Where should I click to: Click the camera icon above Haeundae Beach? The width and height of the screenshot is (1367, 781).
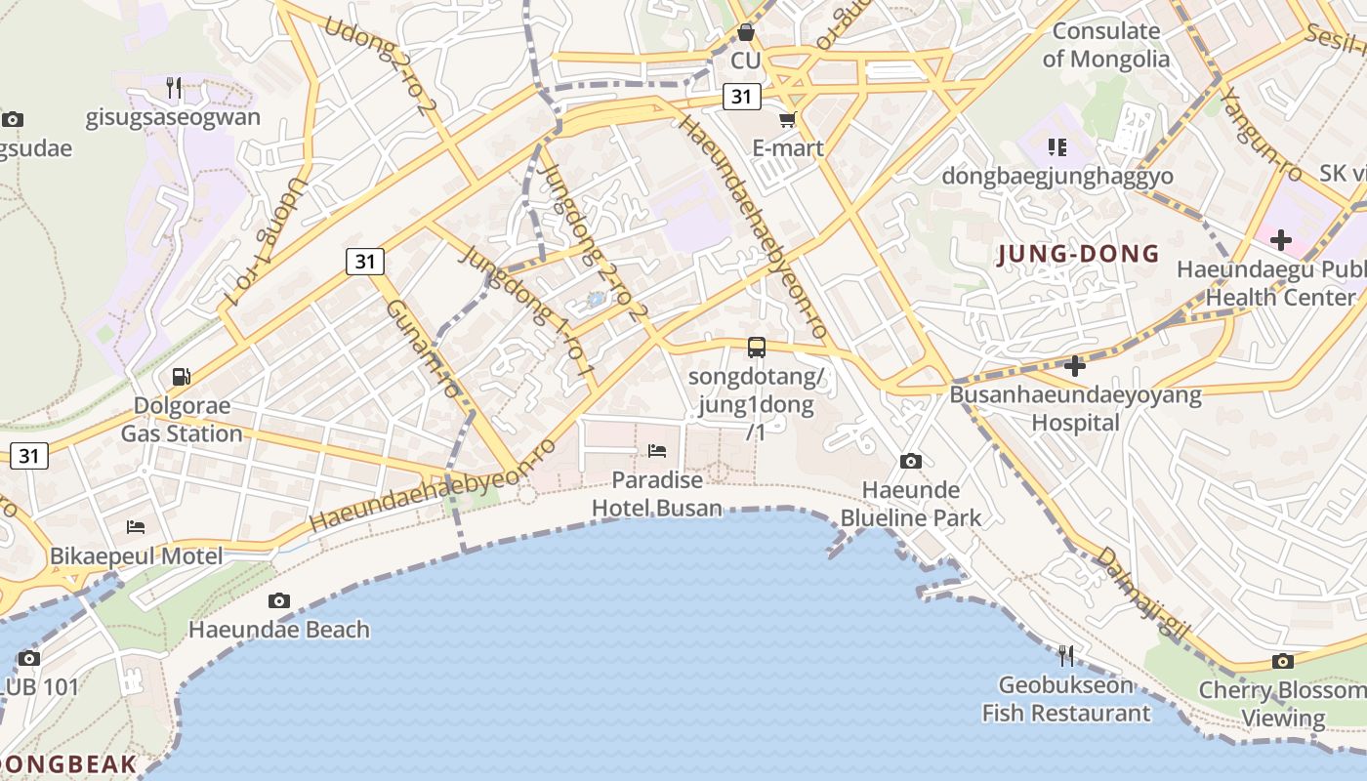pos(279,600)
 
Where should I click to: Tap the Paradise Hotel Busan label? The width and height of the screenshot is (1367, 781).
pos(657,494)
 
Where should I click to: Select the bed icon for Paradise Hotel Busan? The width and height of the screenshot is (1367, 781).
pos(657,450)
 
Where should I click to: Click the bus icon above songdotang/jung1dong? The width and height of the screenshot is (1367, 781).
pos(756,347)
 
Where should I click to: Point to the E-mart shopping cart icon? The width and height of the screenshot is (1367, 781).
pos(787,119)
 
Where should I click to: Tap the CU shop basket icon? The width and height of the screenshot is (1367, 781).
pos(746,32)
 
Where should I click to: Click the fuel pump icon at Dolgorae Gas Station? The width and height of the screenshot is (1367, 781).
pos(181,376)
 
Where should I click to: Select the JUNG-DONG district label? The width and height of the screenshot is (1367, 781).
pos(1078,255)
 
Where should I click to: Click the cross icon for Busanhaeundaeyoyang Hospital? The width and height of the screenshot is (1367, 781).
pos(1075,366)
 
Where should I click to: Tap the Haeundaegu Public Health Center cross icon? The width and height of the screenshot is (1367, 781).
pos(1280,239)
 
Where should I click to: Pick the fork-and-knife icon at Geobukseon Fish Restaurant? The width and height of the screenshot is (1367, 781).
pos(1065,655)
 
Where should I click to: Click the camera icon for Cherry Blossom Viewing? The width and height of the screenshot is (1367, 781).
pos(1283,661)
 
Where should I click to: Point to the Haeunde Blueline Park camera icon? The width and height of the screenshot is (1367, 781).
pos(910,461)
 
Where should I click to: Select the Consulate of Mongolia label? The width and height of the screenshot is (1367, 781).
pos(1105,45)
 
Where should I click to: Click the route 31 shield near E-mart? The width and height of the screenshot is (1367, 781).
pos(742,96)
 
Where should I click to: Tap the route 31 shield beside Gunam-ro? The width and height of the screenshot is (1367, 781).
pos(364,262)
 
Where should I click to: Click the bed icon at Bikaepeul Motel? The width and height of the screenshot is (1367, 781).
pos(136,527)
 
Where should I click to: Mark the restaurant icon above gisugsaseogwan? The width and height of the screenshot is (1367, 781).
pos(173,87)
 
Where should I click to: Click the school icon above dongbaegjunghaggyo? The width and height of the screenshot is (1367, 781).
pos(1056,147)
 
